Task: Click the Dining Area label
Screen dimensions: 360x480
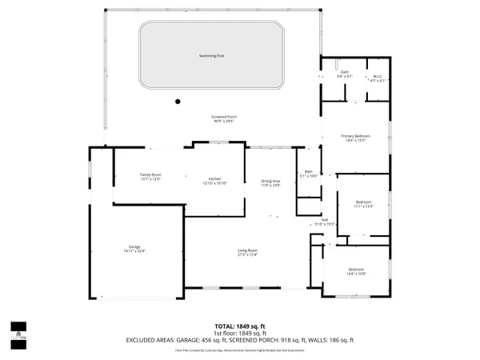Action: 270,182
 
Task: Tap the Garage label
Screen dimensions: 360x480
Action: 134,248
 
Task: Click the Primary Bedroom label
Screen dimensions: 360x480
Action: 356,137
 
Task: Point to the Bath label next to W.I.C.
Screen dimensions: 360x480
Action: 345,73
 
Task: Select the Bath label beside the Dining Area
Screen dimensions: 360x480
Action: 309,172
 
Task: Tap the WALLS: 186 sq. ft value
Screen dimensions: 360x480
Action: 334,341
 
